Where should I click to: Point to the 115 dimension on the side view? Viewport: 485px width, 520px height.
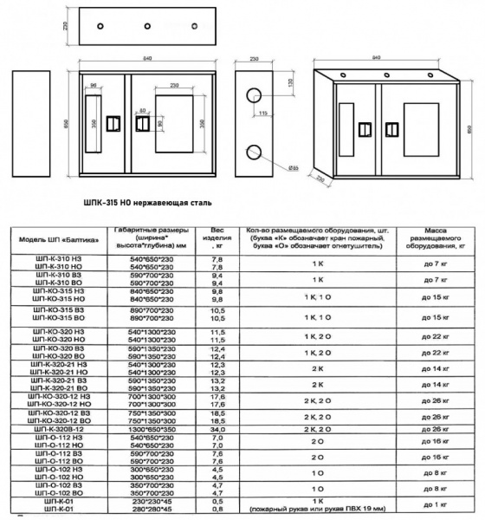tap(262, 112)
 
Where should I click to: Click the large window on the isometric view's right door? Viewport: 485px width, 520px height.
tap(420, 124)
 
